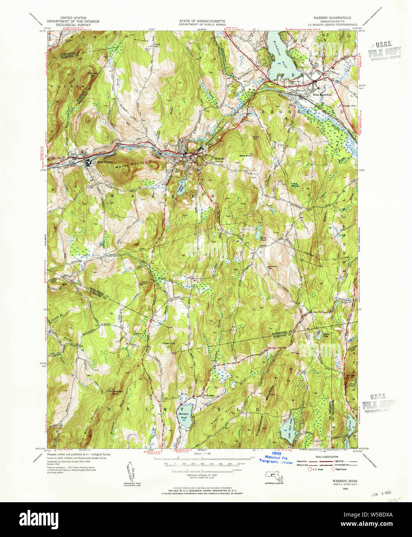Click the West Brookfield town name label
coord(322,95)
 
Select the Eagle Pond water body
coord(257,234)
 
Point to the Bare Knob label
coord(246,156)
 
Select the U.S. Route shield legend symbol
coord(309,469)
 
